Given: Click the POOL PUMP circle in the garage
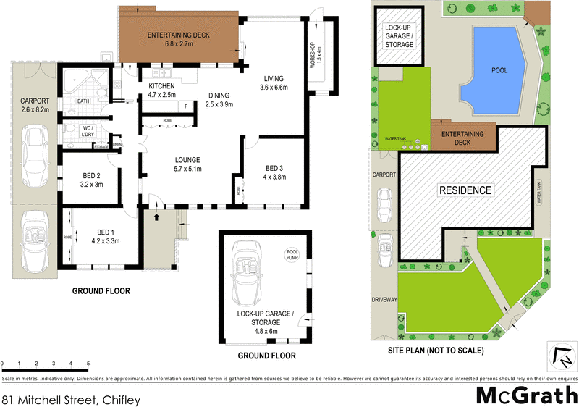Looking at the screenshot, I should [292, 254].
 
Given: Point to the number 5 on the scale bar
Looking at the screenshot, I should [88, 363].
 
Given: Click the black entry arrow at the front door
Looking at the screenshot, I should [157, 215].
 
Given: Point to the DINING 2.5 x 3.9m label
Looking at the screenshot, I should [219, 101].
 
